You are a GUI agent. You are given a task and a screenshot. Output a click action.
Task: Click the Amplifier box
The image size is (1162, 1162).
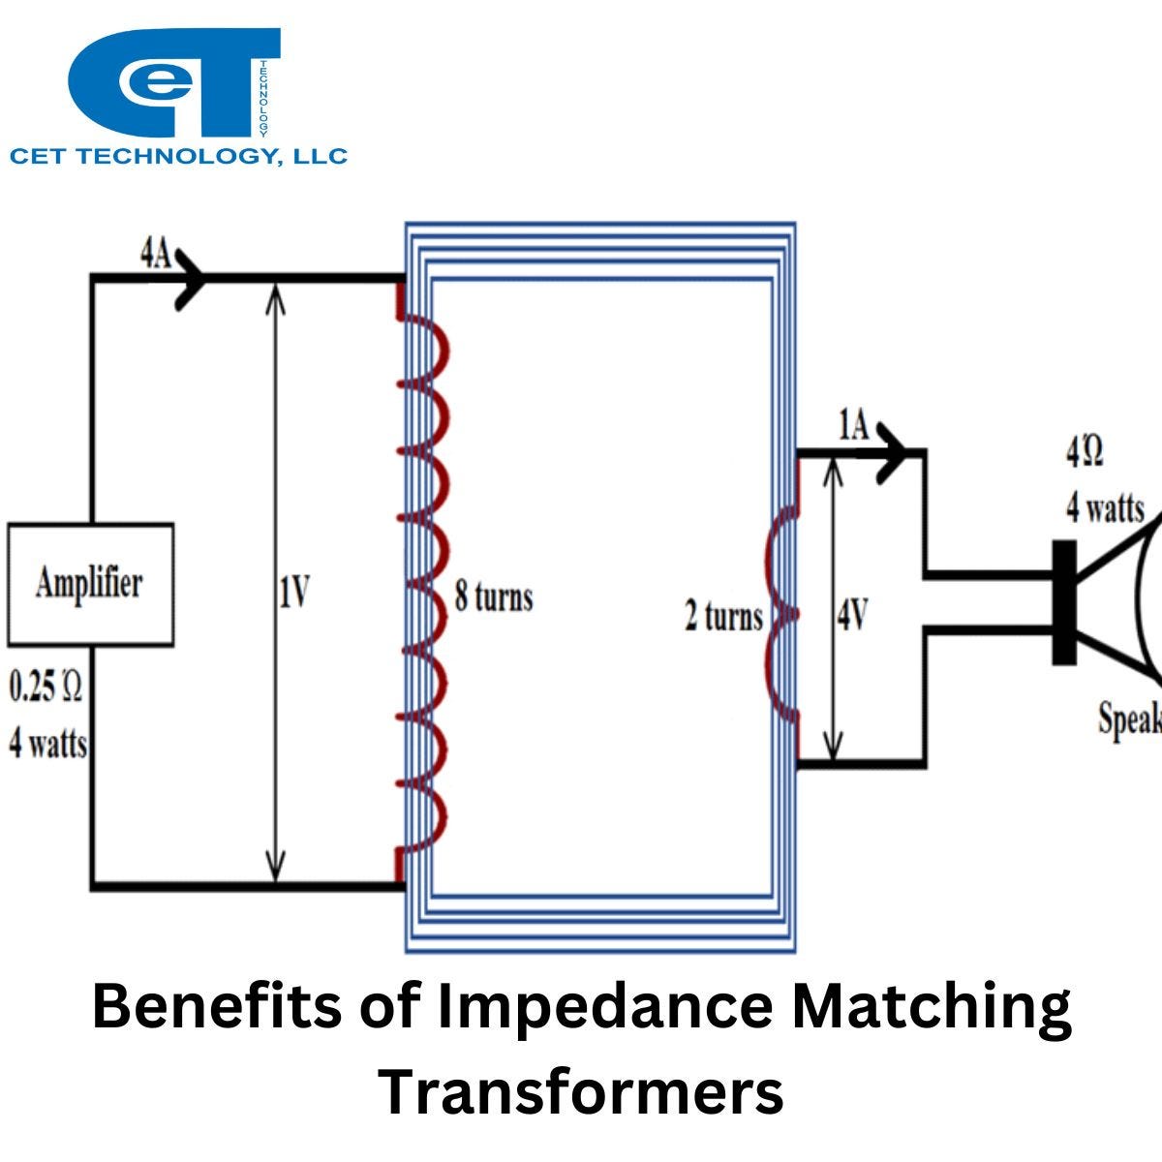[x=90, y=585]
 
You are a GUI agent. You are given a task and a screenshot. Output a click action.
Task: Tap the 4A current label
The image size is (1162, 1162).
[x=155, y=256]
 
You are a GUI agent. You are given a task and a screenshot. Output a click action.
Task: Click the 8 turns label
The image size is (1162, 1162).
[x=494, y=596]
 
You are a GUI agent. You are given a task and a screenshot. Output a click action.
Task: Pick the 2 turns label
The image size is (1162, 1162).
[x=723, y=617]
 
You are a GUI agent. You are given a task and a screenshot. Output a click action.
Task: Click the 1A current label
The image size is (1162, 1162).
[x=853, y=426]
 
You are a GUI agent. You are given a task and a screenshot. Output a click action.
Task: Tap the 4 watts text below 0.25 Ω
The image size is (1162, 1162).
[x=47, y=745]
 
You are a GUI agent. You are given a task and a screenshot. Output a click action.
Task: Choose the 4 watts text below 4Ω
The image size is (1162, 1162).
[x=1105, y=507]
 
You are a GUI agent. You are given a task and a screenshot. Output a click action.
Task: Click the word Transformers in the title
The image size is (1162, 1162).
[x=581, y=1091]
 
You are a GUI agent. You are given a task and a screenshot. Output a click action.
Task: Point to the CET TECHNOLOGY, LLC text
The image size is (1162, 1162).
[x=178, y=156]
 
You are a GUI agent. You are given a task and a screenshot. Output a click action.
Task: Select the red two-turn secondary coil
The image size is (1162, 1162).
[x=782, y=616]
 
